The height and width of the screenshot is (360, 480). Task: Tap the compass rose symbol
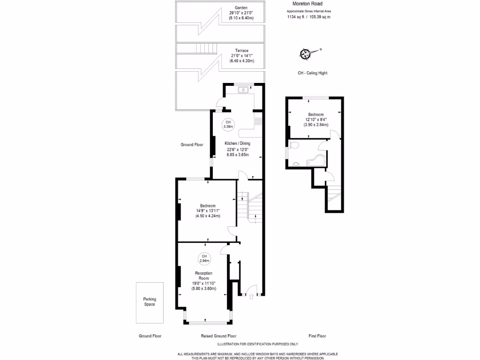(x=306, y=54)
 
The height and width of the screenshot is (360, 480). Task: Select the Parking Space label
(x=150, y=302)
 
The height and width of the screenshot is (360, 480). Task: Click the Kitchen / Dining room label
(x=237, y=143)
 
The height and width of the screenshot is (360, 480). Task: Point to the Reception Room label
(x=203, y=276)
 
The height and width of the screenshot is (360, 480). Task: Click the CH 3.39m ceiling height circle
(x=228, y=124)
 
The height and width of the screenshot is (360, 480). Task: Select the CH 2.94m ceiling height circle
(x=204, y=258)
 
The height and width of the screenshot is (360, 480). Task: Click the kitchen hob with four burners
(x=257, y=121)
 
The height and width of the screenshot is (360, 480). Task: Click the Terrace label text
(x=241, y=51)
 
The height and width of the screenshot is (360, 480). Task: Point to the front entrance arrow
(x=251, y=296)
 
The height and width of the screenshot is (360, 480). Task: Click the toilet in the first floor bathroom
(x=294, y=145)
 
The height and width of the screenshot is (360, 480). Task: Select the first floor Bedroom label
(x=315, y=115)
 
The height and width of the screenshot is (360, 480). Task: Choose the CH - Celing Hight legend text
(x=312, y=73)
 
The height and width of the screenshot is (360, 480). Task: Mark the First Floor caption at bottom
(x=317, y=336)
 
